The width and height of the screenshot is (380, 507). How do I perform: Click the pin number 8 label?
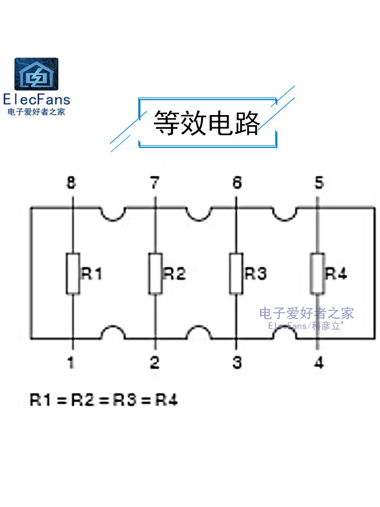click(71, 183)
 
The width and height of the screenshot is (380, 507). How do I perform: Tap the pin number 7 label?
click(155, 183)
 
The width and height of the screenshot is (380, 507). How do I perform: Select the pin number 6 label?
click(237, 183)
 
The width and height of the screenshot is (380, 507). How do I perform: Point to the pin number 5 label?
click(319, 183)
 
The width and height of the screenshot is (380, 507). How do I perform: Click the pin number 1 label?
click(71, 363)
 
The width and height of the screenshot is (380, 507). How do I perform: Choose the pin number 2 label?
click(155, 363)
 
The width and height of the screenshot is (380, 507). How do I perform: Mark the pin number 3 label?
click(237, 363)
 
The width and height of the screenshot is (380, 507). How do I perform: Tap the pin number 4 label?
click(319, 363)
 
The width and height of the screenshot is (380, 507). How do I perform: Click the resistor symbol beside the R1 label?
click(72, 274)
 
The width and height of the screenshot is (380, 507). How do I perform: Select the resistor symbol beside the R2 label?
click(155, 274)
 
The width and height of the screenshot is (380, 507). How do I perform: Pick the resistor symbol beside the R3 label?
click(236, 274)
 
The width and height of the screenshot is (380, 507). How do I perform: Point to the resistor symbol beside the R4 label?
click(317, 274)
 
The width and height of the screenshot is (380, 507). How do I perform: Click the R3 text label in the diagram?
click(256, 274)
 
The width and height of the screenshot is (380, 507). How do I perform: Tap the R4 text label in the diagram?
click(336, 274)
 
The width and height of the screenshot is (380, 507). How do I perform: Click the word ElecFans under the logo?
click(36, 100)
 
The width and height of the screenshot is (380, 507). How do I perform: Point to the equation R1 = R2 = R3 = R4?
click(104, 400)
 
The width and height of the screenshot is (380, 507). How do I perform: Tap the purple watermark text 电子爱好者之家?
click(307, 313)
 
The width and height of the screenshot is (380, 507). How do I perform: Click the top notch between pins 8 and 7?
click(113, 213)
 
